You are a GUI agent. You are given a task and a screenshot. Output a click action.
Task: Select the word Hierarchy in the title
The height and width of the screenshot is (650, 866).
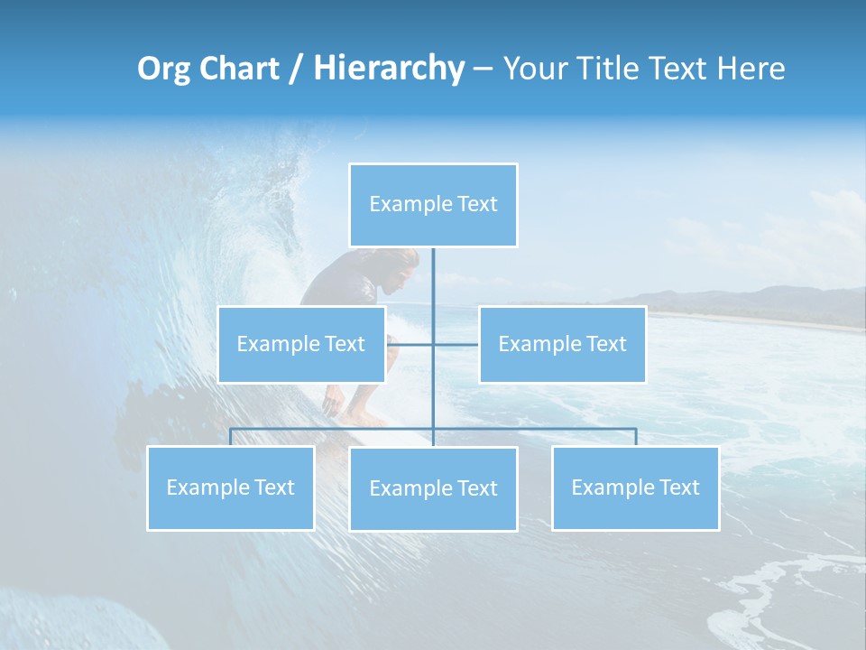click(x=389, y=69)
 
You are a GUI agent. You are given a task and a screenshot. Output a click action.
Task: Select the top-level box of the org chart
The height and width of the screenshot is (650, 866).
click(x=433, y=205)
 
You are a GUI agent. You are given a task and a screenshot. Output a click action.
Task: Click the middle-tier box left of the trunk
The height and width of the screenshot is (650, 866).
click(x=301, y=344)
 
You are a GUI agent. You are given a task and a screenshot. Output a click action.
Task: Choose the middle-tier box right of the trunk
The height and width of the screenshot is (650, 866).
click(x=562, y=344)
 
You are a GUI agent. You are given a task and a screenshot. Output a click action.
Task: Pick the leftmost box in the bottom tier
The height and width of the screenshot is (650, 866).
click(x=230, y=487)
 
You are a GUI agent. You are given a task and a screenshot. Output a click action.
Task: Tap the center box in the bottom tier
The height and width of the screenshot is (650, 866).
click(x=433, y=488)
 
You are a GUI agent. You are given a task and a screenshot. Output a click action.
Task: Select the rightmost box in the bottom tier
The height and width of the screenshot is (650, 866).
click(x=635, y=487)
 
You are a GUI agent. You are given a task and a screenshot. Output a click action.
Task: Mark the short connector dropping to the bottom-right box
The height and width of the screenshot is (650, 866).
click(x=635, y=437)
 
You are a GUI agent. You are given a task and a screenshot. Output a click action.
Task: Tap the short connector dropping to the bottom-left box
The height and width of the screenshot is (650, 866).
click(x=230, y=437)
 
